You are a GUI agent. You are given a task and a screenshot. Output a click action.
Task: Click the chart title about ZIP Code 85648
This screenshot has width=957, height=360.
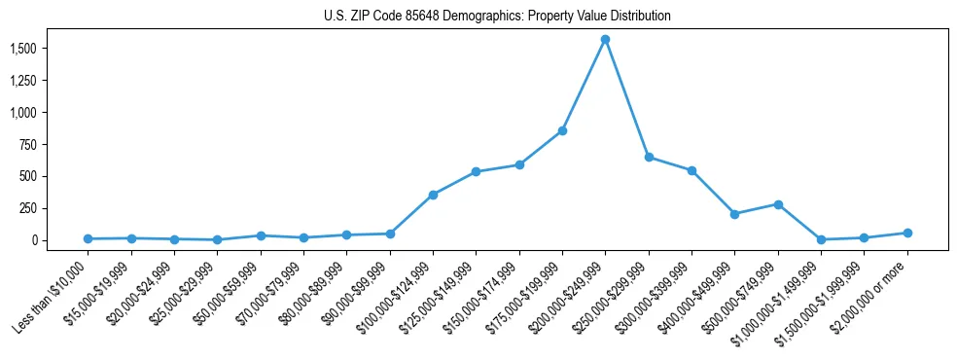[497, 16]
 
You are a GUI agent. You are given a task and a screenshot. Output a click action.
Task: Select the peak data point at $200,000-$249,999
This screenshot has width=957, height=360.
[605, 39]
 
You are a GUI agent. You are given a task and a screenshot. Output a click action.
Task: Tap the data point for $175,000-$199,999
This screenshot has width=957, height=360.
[562, 130]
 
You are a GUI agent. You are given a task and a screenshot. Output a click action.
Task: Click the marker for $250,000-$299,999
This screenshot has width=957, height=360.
[649, 157]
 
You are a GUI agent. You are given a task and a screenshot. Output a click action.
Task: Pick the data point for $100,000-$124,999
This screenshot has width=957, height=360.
[433, 195]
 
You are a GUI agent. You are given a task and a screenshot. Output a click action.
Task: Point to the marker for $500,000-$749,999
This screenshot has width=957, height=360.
[778, 204]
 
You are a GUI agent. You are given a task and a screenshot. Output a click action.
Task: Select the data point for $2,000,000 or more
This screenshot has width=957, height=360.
[907, 233]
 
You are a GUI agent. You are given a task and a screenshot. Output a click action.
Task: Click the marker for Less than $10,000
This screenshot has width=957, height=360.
[88, 238]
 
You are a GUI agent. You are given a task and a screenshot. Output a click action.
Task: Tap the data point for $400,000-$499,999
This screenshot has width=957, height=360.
[734, 214]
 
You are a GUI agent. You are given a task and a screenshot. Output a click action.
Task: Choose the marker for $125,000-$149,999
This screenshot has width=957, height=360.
[476, 172]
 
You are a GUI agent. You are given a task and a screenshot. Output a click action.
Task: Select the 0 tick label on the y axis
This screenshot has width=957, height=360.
[33, 240]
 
